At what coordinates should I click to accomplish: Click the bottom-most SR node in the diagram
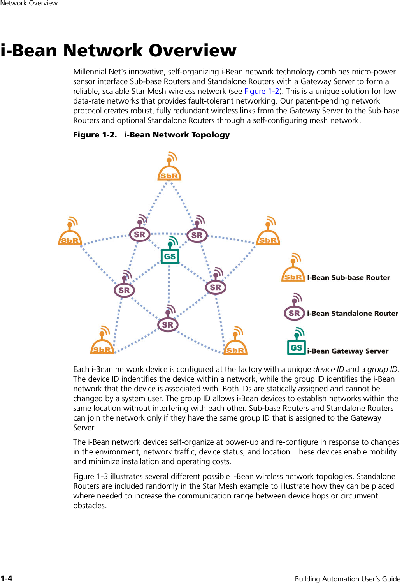click(x=168, y=324)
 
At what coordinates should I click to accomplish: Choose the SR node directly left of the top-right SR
click(x=139, y=234)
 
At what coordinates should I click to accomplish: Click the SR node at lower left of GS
click(x=124, y=290)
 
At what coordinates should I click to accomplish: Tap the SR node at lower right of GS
click(x=215, y=287)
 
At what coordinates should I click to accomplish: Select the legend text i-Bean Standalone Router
click(x=353, y=314)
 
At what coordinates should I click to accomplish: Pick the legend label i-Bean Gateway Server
click(x=348, y=351)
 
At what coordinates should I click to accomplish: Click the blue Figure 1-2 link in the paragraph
click(x=262, y=91)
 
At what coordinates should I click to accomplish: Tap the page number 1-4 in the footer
click(x=6, y=578)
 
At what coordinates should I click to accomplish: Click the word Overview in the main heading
click(x=192, y=51)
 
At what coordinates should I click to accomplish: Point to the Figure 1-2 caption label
click(x=95, y=135)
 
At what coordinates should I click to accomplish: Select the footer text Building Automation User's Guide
click(x=347, y=578)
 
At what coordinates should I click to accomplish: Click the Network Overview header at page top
click(x=29, y=3)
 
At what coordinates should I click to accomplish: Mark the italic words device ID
click(x=328, y=369)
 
